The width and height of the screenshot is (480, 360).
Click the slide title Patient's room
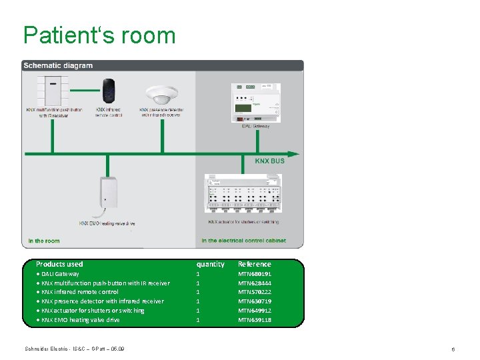click(99, 35)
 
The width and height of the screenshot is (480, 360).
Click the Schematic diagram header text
click(58, 65)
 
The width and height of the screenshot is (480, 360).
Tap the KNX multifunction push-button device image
click(51, 89)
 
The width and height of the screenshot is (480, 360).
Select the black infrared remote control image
click(109, 91)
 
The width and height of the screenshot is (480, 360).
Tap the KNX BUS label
click(269, 161)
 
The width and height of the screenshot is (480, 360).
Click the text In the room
click(44, 241)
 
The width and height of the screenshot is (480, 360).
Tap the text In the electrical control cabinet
click(243, 241)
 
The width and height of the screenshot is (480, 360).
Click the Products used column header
click(59, 264)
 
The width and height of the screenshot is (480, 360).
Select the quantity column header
click(210, 264)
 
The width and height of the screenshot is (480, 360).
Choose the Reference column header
click(255, 264)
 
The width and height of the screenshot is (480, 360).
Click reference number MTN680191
click(255, 274)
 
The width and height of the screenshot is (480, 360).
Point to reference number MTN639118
click(255, 320)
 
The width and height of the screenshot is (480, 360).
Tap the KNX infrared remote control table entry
click(80, 292)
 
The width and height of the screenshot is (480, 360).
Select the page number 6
click(453, 349)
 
